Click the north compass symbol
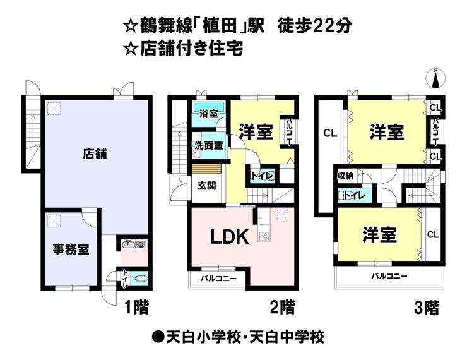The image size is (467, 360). tap(435, 78)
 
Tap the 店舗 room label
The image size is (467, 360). tap(95, 153)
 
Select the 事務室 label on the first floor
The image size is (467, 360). tap(71, 249)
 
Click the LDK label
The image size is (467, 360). tap(230, 237)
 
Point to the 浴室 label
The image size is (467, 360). tap(208, 114)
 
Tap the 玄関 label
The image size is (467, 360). tap(207, 186)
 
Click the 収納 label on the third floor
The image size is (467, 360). tap(345, 176)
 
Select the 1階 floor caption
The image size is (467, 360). tap(136, 307)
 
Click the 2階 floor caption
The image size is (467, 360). tap(282, 307)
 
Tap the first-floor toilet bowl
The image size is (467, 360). tap(140, 279)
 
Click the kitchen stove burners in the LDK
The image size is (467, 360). tap(264, 237)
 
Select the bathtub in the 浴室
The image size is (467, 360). tap(208, 106)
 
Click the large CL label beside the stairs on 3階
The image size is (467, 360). tap(330, 133)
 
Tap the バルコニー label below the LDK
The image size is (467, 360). tap(218, 279)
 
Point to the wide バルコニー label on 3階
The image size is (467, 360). tap(389, 276)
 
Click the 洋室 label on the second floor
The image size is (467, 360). tap(256, 132)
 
